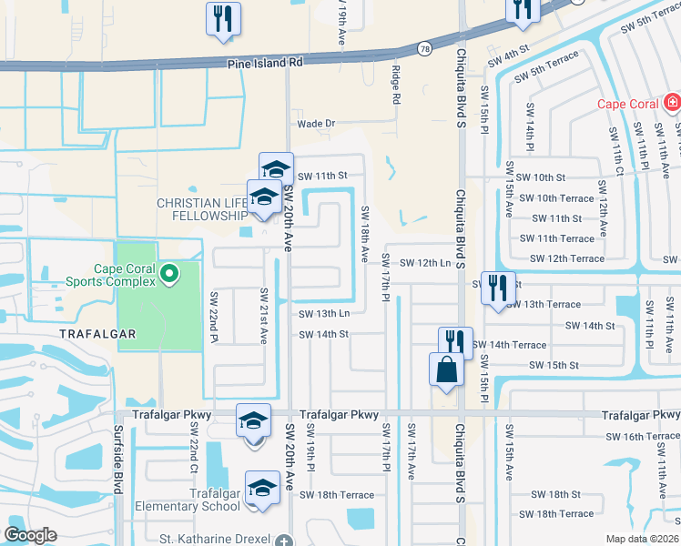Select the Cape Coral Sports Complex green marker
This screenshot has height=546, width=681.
pos(168,272)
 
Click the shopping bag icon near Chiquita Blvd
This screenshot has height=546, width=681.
pos(446,371)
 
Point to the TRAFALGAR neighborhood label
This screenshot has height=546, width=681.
pos(97,334)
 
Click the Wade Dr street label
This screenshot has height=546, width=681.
pos(317,124)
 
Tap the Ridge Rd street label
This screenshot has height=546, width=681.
pos(396,85)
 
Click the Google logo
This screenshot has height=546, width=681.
pos(30,535)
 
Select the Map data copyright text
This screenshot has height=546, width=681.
pos(641,539)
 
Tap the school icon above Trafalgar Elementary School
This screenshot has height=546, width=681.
pos(262,488)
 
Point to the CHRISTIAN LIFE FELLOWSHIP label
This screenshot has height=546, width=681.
pos(202,208)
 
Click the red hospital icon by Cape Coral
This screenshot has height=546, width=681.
pos(672,103)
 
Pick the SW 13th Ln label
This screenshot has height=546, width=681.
pos(324,314)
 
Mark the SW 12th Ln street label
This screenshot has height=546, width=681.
pos(425,263)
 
